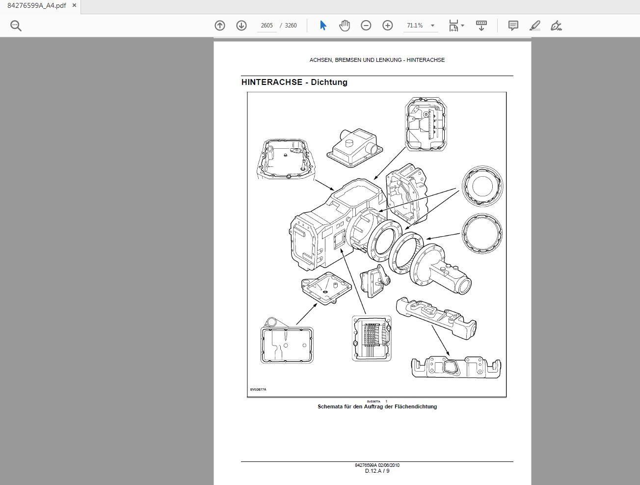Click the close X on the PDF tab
74,6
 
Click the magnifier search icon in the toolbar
16,26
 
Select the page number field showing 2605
267,26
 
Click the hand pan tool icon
345,26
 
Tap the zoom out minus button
366,26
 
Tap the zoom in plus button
388,26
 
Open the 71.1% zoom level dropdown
432,26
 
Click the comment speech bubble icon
513,26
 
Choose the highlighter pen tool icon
535,26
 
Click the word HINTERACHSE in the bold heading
271,82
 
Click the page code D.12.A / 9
377,471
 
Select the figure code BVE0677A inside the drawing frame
258,390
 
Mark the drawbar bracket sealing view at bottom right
456,367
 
